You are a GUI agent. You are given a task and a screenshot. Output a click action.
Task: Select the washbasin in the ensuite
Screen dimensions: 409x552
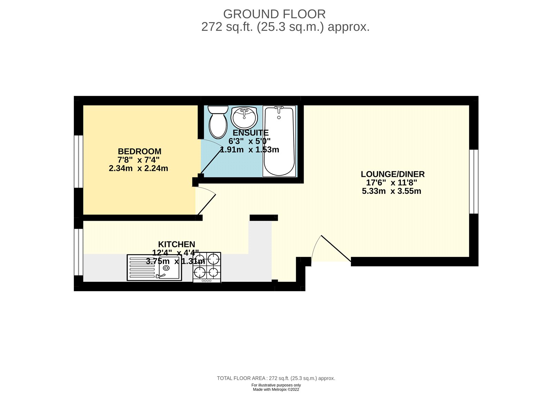click(x=244, y=117)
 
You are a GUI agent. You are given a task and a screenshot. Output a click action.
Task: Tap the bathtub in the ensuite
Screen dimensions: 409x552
click(x=279, y=142)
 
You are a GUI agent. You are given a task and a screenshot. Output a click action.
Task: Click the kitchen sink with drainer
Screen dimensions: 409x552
click(x=154, y=268)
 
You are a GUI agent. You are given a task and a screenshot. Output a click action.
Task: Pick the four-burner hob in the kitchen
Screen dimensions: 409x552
click(x=207, y=266)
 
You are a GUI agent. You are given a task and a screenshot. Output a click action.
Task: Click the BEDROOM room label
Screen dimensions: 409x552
click(x=139, y=151)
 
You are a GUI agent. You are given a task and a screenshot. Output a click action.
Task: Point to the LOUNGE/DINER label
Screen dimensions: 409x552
click(x=393, y=174)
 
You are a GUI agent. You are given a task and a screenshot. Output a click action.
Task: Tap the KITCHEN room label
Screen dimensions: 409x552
click(x=176, y=244)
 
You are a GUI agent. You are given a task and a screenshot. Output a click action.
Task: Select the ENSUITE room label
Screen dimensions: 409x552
click(x=250, y=133)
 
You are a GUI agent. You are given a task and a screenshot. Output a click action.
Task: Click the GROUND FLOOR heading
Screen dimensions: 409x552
click(x=274, y=14)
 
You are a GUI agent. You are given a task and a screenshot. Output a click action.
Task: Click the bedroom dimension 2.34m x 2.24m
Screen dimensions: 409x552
click(x=138, y=168)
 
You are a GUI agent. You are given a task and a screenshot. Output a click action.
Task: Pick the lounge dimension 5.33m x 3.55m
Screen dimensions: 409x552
click(x=392, y=191)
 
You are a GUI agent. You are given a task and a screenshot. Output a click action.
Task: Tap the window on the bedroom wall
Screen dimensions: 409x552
click(x=79, y=161)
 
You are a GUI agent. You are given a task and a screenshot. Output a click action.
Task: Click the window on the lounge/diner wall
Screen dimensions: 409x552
click(x=474, y=181)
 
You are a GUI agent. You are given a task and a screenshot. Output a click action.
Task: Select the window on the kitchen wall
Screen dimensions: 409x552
click(x=79, y=252)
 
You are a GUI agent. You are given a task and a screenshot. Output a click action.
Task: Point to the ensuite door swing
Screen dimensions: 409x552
click(x=210, y=157)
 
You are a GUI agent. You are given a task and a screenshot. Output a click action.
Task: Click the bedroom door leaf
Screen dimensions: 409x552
click(x=206, y=204)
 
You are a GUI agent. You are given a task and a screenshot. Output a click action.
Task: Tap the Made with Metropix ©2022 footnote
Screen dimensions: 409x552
click(x=276, y=389)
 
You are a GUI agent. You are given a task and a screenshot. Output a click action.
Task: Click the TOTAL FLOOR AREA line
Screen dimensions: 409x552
click(x=276, y=378)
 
